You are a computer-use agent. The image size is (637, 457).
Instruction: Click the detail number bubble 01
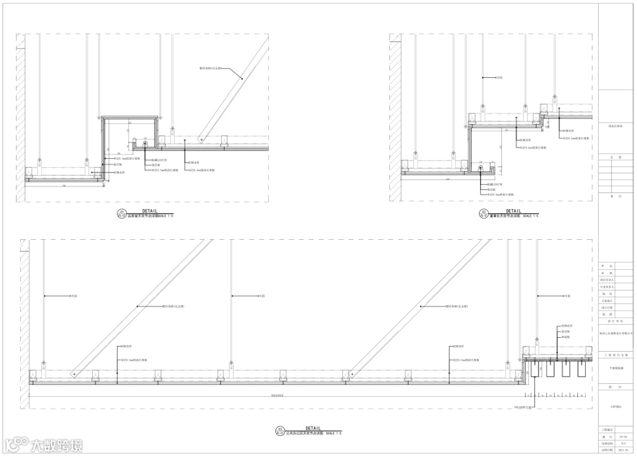click(x=122, y=214)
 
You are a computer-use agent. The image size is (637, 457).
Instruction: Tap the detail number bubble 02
click(x=484, y=214)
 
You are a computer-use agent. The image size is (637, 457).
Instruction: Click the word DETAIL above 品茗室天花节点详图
click(x=150, y=211)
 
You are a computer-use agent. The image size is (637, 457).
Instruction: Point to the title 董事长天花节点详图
click(x=505, y=216)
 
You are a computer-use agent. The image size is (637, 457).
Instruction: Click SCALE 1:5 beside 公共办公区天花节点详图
click(x=334, y=433)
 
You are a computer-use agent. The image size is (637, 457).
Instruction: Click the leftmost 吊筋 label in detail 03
click(x=74, y=295)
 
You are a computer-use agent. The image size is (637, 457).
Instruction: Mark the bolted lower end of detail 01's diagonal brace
click(x=201, y=139)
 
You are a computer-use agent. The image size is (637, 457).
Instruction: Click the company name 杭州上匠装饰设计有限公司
click(x=616, y=333)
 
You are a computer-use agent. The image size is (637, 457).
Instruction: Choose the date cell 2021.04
click(x=623, y=449)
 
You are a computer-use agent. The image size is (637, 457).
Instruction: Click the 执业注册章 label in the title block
click(x=616, y=125)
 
